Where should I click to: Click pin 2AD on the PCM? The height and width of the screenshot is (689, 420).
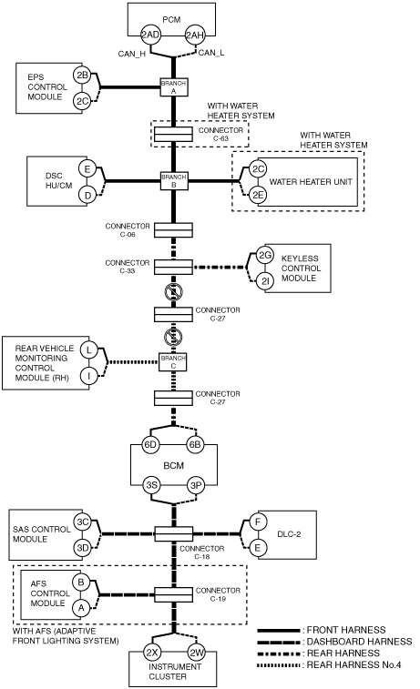(x=150, y=35)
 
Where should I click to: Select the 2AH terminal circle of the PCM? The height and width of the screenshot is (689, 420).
(x=194, y=35)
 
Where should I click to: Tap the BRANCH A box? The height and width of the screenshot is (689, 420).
(x=174, y=87)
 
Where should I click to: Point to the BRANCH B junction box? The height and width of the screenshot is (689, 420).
(x=174, y=180)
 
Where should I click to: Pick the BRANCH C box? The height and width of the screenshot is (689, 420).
(x=173, y=362)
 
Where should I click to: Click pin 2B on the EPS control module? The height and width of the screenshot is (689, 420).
(x=82, y=76)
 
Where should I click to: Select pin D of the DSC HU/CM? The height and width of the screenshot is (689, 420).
(x=87, y=195)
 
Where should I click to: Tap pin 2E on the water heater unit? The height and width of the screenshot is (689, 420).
(x=258, y=195)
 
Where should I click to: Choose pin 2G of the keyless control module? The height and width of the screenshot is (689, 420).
(x=265, y=255)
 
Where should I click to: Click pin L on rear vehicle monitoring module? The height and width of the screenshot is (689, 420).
(x=89, y=350)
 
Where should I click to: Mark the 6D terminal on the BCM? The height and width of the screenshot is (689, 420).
(x=150, y=445)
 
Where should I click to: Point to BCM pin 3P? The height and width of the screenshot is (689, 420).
(x=196, y=485)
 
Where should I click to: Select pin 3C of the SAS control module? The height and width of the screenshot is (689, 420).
(x=83, y=522)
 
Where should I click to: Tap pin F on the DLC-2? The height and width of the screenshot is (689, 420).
(x=258, y=522)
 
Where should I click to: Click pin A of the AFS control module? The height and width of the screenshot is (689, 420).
(x=81, y=608)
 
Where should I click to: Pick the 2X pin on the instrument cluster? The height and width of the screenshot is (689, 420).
(x=152, y=653)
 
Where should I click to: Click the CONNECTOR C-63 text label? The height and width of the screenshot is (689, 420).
(x=220, y=134)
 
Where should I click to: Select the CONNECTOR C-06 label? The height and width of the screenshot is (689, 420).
(x=128, y=229)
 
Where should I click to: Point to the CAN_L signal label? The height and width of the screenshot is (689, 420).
(x=211, y=53)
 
